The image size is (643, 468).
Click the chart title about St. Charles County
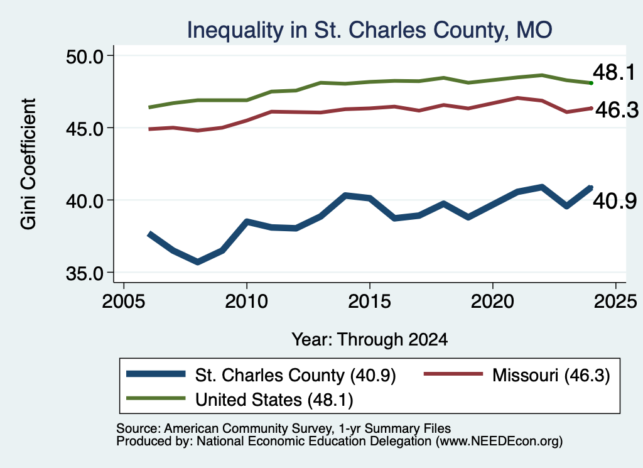[369, 30]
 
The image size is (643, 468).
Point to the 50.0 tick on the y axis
[85, 56]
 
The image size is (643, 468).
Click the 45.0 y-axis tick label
[85, 128]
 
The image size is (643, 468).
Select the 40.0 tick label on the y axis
[85, 200]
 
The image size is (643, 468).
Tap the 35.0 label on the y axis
[85, 273]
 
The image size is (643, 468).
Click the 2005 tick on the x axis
[124, 302]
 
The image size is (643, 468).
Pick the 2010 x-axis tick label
[246, 302]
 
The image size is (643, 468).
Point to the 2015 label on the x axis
[369, 302]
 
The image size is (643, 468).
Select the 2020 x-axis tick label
[492, 302]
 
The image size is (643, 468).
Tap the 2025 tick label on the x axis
[615, 302]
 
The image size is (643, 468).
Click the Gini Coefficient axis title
[29, 164]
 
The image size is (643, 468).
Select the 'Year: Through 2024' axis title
[369, 340]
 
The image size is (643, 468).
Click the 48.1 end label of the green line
[614, 72]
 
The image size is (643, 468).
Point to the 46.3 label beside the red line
[617, 110]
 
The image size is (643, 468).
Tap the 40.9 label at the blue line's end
[615, 201]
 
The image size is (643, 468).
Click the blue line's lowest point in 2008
[198, 262]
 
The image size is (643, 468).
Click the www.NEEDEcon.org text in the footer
[499, 442]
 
